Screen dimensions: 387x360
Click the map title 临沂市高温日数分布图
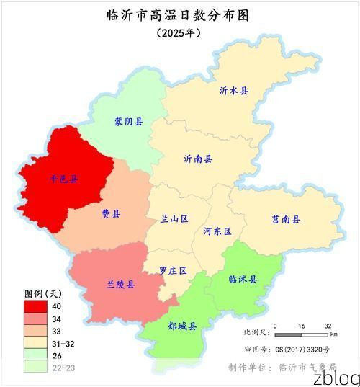pyautogui.click(x=180, y=15)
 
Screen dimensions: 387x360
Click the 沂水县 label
pyautogui.click(x=234, y=91)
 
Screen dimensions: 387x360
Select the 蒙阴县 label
pyautogui.click(x=128, y=122)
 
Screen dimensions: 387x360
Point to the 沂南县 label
pyautogui.click(x=198, y=159)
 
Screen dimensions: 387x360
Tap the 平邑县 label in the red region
pyautogui.click(x=63, y=178)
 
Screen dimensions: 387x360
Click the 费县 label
pyautogui.click(x=111, y=214)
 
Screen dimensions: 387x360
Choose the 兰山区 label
pyautogui.click(x=174, y=218)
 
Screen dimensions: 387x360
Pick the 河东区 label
pyautogui.click(x=217, y=232)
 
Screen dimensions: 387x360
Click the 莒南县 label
pyautogui.click(x=286, y=219)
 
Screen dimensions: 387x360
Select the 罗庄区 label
pyautogui.click(x=173, y=270)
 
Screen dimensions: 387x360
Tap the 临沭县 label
pyautogui.click(x=243, y=279)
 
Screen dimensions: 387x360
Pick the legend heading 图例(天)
pyautogui.click(x=44, y=293)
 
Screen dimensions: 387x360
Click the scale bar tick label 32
pyautogui.click(x=328, y=326)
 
